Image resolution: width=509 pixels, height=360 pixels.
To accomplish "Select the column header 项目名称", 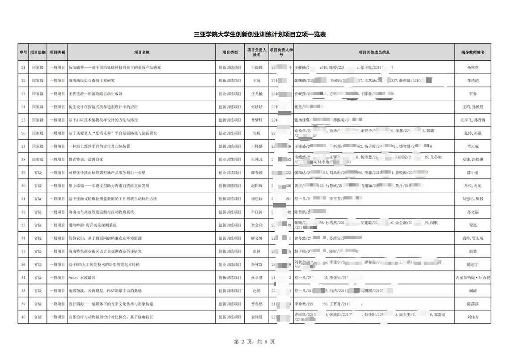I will pos(142,52).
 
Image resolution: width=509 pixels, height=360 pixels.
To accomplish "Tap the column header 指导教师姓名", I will pos(473,52).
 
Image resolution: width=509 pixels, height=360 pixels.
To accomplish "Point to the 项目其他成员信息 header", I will pos(374,52).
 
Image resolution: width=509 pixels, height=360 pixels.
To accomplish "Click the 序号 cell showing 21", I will pos(23,68).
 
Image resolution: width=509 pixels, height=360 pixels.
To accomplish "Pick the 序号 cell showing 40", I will pos(23,317).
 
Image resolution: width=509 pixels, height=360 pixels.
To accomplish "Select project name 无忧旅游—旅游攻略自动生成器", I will pos(95,94).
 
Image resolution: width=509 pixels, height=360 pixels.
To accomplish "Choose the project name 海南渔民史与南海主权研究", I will pos(92,80).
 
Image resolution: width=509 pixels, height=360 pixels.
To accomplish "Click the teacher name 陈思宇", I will pos(473,265).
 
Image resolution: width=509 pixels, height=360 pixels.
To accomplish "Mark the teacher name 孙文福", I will pos(473,212).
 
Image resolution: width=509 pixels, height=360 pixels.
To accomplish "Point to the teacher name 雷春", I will pos(473,94).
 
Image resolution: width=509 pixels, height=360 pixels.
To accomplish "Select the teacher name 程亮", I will pos(473,225).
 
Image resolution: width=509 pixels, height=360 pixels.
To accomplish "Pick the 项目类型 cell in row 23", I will pos(230,94).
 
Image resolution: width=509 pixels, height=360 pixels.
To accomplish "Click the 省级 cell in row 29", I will pos(38,173).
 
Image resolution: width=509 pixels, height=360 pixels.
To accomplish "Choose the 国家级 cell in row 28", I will pos(38,160).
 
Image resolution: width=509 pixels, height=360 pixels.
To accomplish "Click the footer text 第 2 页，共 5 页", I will pos(254,342).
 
